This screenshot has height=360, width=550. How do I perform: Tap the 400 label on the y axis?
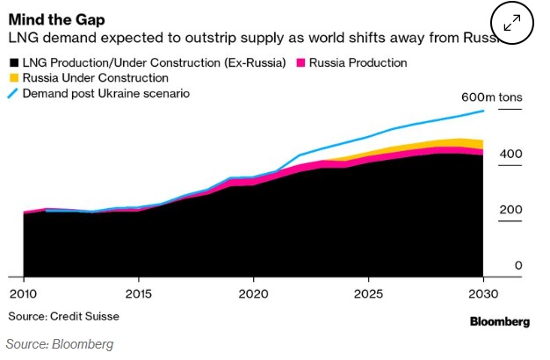(x=511, y=155)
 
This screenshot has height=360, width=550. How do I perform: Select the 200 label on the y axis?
(x=511, y=210)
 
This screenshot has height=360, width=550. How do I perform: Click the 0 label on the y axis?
(x=518, y=265)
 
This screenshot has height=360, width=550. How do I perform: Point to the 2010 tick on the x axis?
(x=21, y=292)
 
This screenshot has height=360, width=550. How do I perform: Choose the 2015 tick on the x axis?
(x=138, y=292)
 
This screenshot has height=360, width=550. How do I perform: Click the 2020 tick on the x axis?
(x=253, y=292)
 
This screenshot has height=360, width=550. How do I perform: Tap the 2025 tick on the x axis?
(x=369, y=292)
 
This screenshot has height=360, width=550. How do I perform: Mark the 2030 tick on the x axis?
(x=483, y=292)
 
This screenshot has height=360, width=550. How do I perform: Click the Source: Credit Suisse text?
(x=63, y=315)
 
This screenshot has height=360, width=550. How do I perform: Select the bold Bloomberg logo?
(x=499, y=322)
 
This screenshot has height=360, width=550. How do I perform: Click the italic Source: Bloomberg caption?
(x=60, y=343)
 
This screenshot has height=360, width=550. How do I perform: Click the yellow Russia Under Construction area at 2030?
(x=480, y=144)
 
